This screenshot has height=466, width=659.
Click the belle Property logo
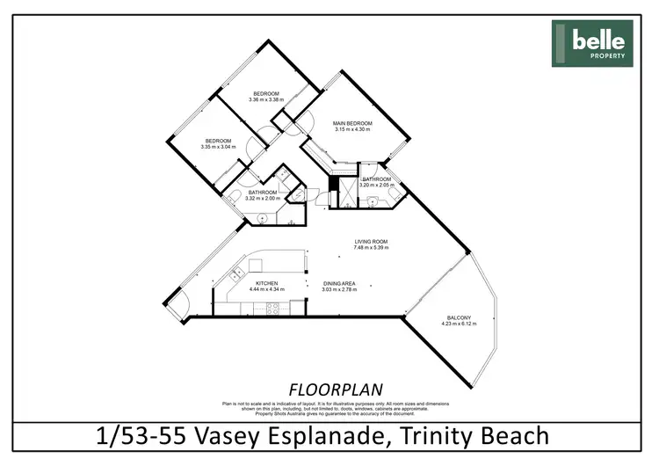592,43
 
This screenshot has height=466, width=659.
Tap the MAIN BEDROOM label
352,123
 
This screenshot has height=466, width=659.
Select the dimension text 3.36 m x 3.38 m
266,100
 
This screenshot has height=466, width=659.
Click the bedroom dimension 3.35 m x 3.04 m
218,148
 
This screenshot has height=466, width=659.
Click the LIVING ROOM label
371,241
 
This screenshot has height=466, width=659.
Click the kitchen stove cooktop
272,308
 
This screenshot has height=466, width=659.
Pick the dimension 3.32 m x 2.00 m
263,199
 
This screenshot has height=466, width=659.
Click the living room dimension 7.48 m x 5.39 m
371,248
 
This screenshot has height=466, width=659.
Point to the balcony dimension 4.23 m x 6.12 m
459,324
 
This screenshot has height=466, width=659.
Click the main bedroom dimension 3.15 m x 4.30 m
352,130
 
